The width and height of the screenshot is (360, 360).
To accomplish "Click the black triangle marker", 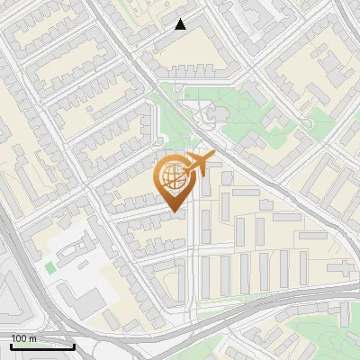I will pyautogui.click(x=181, y=24).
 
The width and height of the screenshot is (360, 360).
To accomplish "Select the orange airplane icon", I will pyautogui.click(x=199, y=165).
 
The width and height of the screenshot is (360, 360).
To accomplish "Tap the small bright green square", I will pyautogui.click(x=49, y=267).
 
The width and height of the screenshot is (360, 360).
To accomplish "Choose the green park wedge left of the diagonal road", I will pyautogui.click(x=171, y=117).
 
